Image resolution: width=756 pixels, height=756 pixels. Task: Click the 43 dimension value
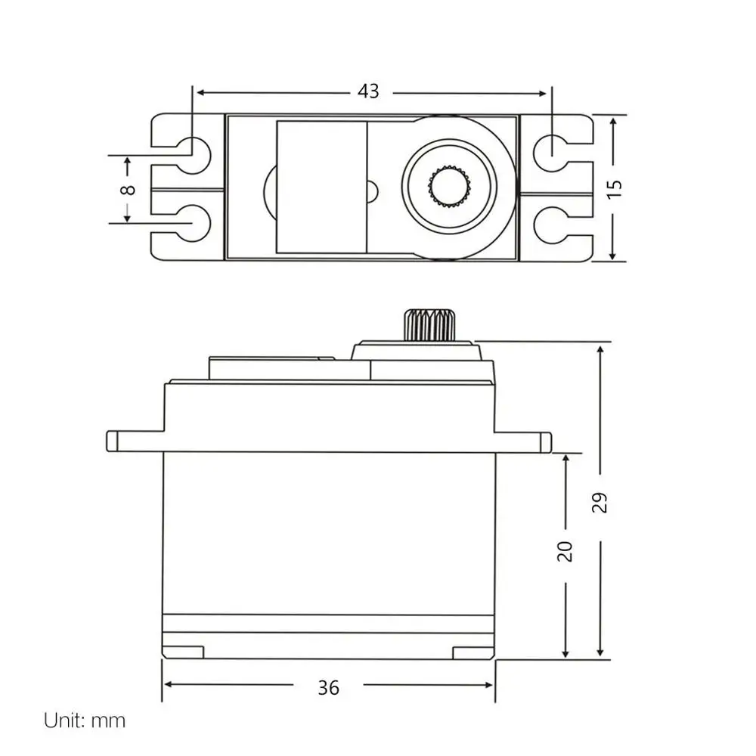tap(368, 91)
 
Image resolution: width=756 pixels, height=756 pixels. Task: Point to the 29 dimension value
tap(600, 503)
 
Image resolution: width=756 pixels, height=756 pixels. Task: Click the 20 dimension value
tap(565, 551)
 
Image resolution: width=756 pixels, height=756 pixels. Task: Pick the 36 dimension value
tap(329, 687)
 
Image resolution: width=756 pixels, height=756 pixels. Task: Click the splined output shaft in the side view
tap(429, 324)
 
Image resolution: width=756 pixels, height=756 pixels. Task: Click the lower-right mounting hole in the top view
tap(552, 223)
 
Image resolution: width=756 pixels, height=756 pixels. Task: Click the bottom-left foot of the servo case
tap(183, 652)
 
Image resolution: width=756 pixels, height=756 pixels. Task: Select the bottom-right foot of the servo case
tap(473, 652)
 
